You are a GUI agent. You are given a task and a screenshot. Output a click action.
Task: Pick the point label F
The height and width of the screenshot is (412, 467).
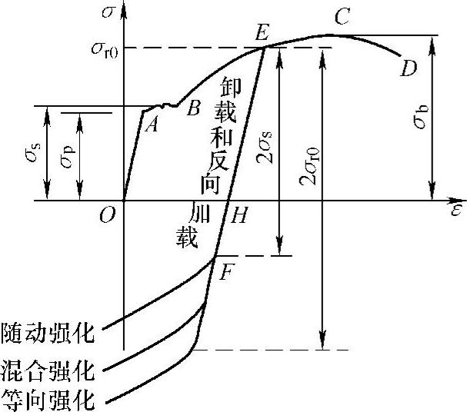[226, 271]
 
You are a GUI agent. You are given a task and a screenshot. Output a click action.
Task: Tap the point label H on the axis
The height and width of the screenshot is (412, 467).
[239, 217]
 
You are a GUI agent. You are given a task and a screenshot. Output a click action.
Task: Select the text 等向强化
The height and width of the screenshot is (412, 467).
[48, 399]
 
